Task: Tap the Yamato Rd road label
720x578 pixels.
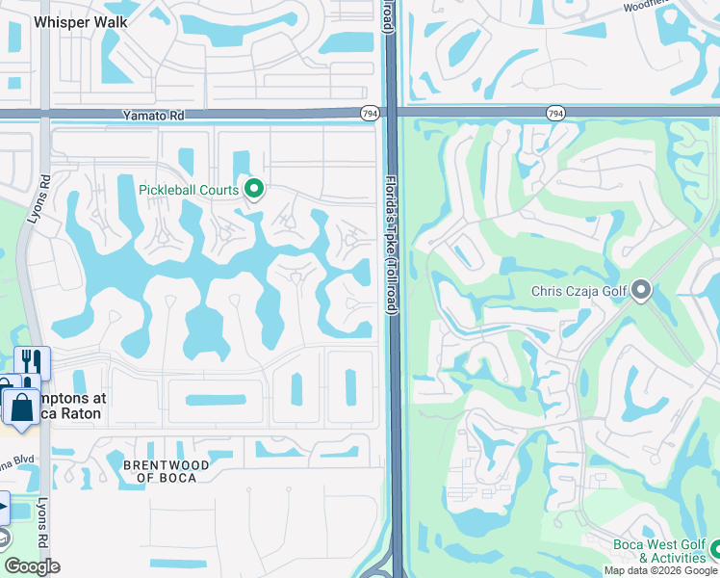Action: click(153, 115)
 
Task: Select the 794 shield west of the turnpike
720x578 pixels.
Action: click(370, 114)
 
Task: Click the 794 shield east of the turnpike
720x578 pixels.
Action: click(555, 114)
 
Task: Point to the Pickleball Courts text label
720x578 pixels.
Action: click(188, 190)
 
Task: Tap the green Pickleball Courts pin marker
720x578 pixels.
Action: click(254, 189)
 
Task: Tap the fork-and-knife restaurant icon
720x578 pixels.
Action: click(32, 362)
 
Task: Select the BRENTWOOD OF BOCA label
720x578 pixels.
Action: click(167, 471)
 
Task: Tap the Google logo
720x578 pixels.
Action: click(32, 567)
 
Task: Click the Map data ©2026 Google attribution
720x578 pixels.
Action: click(660, 570)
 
